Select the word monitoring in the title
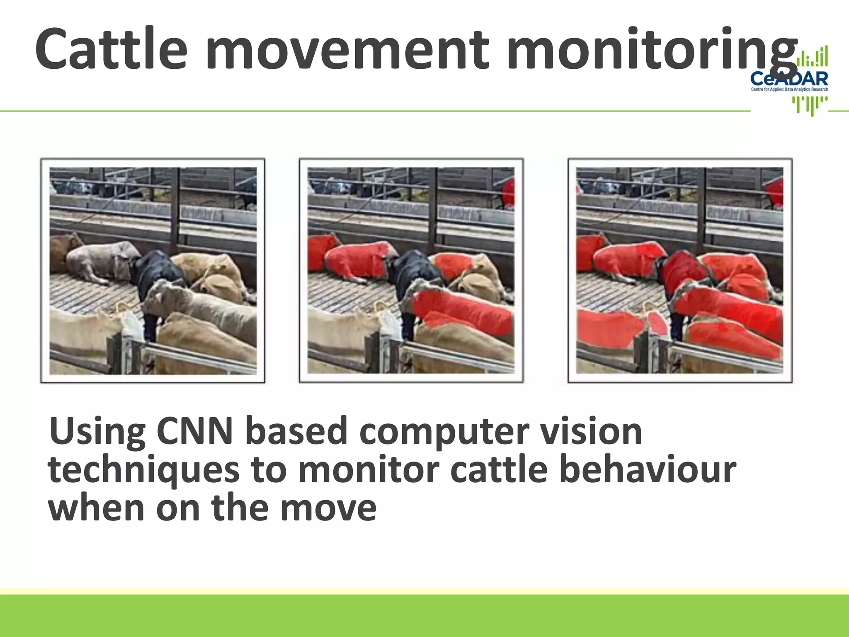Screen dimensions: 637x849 click(x=651, y=49)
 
